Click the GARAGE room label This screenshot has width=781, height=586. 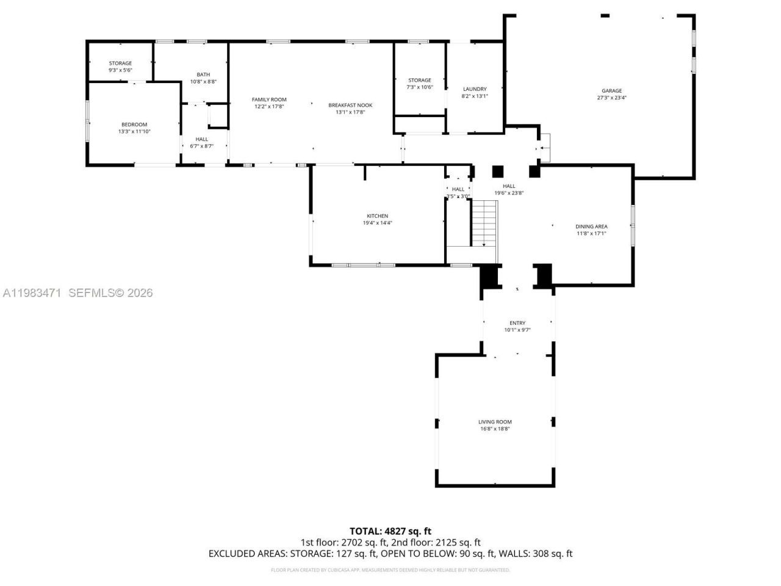coord(611,90)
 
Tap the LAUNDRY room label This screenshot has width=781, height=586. coord(475,89)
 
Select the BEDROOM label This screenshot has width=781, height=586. coord(134,125)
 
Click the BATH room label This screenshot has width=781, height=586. coord(203,74)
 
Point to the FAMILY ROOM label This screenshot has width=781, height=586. coord(269,99)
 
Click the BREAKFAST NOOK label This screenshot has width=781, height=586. coord(350,105)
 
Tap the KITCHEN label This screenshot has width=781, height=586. coord(377,216)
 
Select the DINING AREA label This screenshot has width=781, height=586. coord(591,226)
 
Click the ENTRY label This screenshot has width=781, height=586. coord(517,323)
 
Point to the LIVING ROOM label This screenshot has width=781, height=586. coord(495,422)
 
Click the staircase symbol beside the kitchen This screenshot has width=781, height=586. coord(485,222)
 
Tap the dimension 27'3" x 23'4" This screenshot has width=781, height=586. coord(611,98)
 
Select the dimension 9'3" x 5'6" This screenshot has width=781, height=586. coord(120,70)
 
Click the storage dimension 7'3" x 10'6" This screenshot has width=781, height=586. coord(419,87)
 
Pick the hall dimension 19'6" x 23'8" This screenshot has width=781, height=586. coord(509,193)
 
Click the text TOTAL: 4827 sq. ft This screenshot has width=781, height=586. coord(390,531)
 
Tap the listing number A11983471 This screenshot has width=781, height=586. coord(32,293)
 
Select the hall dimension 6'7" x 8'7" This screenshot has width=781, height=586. coord(201,146)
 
